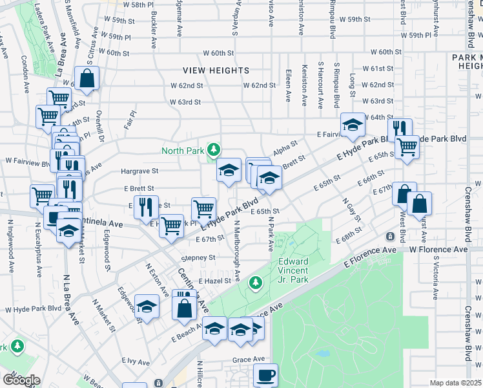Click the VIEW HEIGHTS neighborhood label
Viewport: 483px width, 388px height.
coord(216,70)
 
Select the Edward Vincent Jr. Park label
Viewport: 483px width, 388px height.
coord(294,270)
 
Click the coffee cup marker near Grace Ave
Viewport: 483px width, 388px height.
coord(265,374)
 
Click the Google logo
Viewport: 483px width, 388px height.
coord(21,380)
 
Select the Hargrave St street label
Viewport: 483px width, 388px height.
coord(139,171)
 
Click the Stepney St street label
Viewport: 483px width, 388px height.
coord(198,257)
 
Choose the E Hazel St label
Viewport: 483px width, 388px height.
coord(214,282)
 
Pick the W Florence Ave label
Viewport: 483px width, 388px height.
coord(437,249)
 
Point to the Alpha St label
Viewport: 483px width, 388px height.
coord(285,147)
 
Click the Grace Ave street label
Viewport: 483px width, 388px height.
coord(249,359)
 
